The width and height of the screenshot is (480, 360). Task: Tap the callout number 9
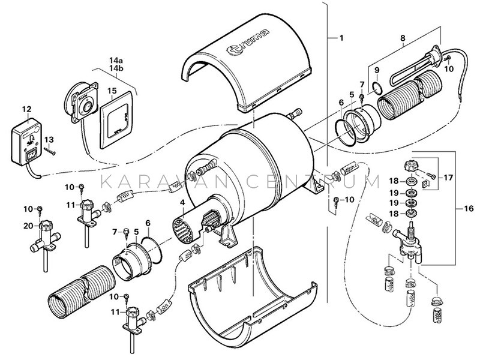(377, 70)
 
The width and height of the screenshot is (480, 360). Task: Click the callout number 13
(49, 139)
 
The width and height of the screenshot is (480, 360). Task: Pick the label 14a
(115, 61)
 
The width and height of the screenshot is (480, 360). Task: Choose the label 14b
(115, 70)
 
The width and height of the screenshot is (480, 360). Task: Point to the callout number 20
(27, 226)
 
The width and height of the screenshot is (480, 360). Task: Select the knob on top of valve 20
(47, 227)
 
